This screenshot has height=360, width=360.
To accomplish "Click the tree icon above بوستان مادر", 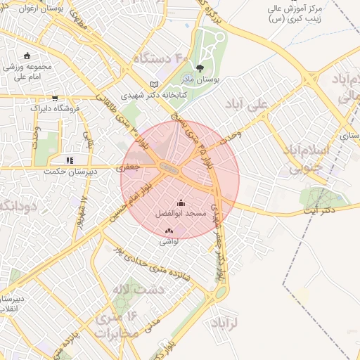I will pos(200,69).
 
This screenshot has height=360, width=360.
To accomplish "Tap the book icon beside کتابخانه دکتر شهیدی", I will pos(154,84).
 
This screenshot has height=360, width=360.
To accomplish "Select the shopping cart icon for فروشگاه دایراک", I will pos(55,98).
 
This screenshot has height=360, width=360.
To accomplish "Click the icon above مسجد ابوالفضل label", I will pos(181,203).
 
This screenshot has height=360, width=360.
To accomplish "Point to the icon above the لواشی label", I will pos(169,231).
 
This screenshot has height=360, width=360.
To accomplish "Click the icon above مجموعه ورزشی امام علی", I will pos(27,56).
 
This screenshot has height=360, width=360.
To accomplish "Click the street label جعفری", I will pos(129,168).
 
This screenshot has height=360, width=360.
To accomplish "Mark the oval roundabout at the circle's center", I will pos(169,167).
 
